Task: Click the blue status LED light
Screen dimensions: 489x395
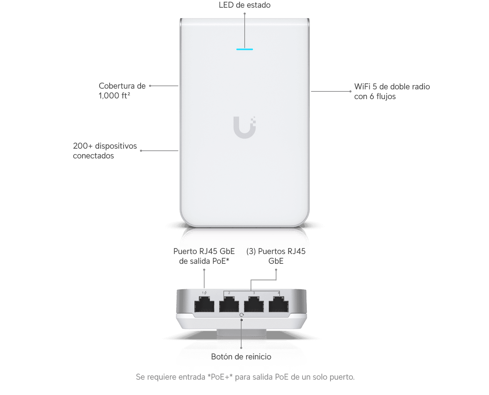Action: (x=244, y=49)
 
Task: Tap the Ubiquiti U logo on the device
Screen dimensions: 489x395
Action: (x=244, y=127)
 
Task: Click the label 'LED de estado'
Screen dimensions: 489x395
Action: (x=244, y=5)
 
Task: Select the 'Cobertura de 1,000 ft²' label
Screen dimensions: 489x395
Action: (x=122, y=91)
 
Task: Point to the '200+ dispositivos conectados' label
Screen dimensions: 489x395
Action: (x=105, y=150)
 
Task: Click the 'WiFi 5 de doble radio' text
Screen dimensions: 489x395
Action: (x=392, y=87)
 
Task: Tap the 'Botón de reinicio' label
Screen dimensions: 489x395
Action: (x=241, y=356)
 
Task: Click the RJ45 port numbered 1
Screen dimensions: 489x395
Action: (x=204, y=304)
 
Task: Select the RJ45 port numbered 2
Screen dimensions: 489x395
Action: (x=229, y=304)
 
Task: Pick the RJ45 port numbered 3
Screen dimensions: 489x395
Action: (x=254, y=304)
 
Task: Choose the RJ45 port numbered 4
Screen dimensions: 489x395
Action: (x=278, y=304)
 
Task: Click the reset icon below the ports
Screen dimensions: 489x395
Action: (x=241, y=315)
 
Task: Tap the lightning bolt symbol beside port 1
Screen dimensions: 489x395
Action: (x=205, y=293)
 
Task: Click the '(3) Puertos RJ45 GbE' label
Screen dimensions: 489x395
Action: (x=276, y=256)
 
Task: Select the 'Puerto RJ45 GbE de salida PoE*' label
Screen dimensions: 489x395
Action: (x=204, y=256)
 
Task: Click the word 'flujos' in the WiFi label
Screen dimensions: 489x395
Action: (x=386, y=96)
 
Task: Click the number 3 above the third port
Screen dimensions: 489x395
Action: (x=254, y=293)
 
